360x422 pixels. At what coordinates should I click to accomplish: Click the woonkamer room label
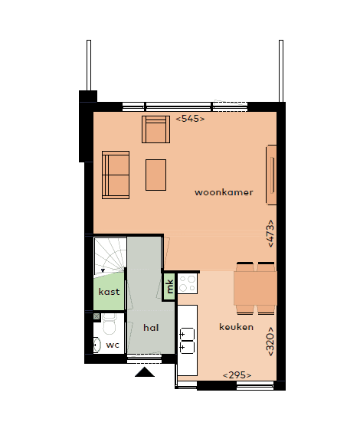point(224,191)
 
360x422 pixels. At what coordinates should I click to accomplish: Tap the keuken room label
point(236,327)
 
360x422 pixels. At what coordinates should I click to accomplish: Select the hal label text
point(150,327)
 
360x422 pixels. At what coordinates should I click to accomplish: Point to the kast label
point(108,292)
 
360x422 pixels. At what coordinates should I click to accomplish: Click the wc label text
point(113,345)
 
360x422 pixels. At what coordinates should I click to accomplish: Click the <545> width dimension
point(190,119)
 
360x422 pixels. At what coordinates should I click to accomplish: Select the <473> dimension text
point(270,233)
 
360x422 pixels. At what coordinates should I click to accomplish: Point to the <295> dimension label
point(237,375)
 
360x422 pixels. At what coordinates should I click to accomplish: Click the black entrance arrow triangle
point(144,372)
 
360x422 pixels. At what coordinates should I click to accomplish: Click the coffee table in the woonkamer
point(156,175)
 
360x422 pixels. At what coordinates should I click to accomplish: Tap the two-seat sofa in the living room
point(116,175)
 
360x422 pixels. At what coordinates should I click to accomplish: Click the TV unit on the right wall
point(271,175)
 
